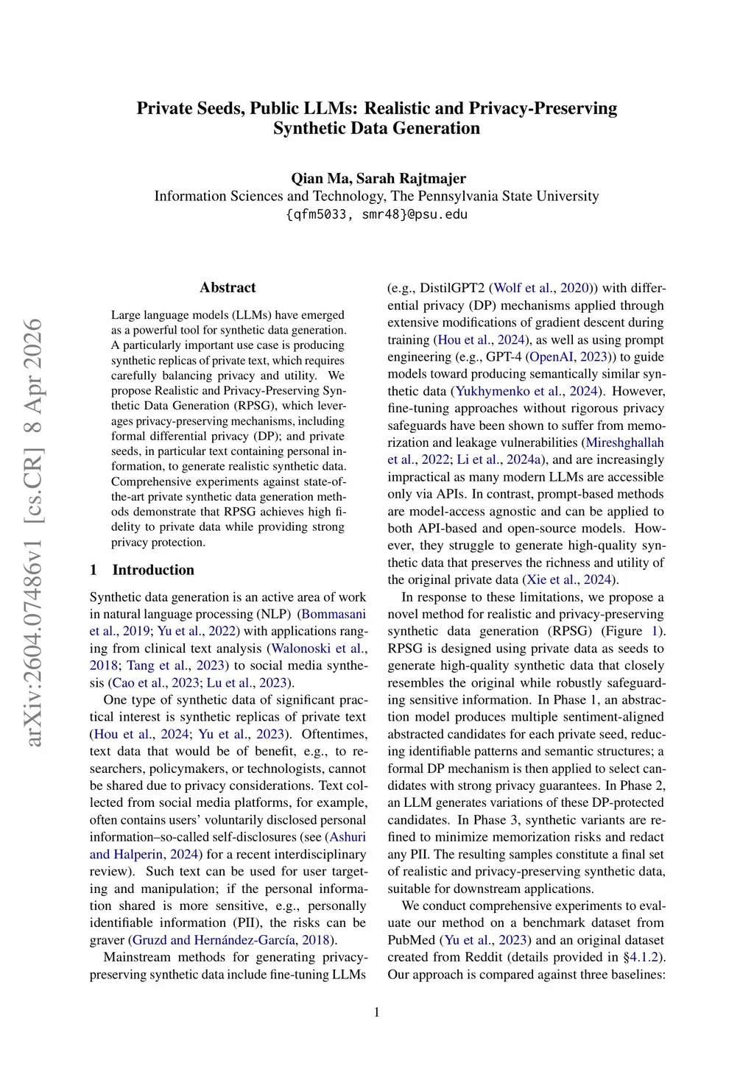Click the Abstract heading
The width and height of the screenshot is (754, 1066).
coord(228,288)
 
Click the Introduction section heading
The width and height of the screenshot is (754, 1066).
coord(153,570)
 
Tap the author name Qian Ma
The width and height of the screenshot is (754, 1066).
coord(320,178)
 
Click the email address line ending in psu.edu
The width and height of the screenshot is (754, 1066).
coord(376,214)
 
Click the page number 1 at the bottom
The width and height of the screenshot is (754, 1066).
coord(377,1012)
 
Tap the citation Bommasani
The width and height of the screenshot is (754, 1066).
coord(334,614)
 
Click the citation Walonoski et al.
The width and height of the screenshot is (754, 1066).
coord(317,648)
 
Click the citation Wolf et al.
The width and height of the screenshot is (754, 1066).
coord(524,288)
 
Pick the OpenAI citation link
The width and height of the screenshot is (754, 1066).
coord(554,357)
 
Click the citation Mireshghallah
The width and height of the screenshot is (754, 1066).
coord(624,442)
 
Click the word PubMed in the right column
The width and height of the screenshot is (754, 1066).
coord(413,940)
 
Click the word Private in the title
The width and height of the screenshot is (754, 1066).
coord(164,108)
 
